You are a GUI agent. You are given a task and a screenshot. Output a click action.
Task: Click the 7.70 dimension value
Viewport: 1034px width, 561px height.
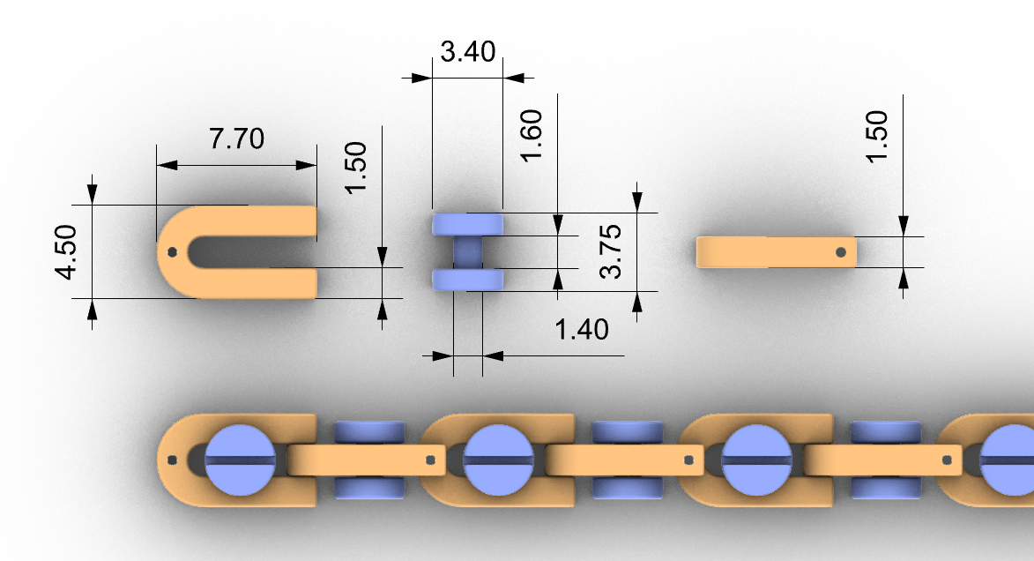pos(236,138)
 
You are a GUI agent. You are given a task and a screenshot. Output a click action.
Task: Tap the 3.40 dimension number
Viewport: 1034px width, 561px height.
pos(468,52)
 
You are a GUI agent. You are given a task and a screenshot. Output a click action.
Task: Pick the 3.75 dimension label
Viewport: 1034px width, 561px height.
pos(610,251)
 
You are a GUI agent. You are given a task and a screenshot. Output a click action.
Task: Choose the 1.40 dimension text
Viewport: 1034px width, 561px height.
pos(581,330)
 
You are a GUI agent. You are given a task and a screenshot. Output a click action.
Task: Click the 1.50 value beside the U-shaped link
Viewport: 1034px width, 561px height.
pos(357,168)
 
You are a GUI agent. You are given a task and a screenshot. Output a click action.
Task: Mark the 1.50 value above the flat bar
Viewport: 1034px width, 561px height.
pos(878,136)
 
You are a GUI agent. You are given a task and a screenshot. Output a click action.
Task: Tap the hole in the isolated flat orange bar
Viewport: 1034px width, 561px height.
pos(842,251)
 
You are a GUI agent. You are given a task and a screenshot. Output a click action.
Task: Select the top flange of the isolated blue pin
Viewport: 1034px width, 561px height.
pos(467,224)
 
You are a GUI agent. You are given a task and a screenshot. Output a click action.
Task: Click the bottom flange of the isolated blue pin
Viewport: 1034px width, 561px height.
pos(467,280)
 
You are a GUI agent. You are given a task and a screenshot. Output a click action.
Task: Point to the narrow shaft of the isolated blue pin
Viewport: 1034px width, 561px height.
pos(467,252)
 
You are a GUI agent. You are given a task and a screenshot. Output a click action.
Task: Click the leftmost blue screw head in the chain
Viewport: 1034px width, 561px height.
pos(240,460)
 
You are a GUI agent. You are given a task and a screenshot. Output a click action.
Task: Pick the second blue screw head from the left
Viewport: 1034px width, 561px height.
pos(498,460)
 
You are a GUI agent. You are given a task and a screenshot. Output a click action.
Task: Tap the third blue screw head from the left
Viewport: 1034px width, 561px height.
pos(756,460)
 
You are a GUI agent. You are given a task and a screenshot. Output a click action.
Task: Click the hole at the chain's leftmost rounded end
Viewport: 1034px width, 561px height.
pos(172,460)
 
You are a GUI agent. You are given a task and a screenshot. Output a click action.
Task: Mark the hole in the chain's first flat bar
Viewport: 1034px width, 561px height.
pos(429,459)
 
